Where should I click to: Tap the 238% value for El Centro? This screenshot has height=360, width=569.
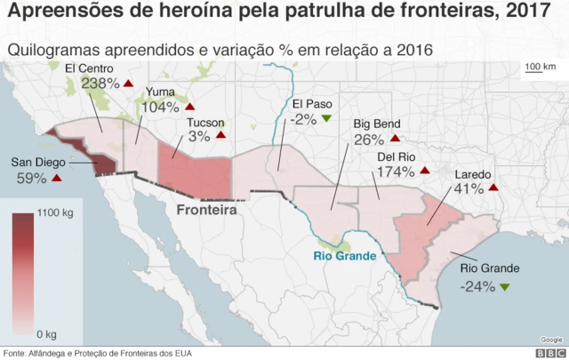coord(100,84)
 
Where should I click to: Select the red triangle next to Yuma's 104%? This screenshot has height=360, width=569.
coord(189,107)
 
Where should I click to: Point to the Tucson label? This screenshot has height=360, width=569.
coord(205,123)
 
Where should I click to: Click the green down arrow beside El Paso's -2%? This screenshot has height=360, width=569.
coord(326,118)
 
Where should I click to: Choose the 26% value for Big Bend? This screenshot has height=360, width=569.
coord(368,140)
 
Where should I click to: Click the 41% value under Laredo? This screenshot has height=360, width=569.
coord(468,188)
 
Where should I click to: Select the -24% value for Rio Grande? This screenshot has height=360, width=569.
coord(477,286)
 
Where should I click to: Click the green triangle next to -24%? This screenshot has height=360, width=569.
coord(505,286)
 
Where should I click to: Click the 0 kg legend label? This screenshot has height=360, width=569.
coord(46,333)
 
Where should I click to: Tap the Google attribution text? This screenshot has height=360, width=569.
coord(550,340)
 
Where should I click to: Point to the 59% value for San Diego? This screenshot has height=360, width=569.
coord(31,178)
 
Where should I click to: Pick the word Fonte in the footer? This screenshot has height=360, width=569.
coord(16,353)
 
